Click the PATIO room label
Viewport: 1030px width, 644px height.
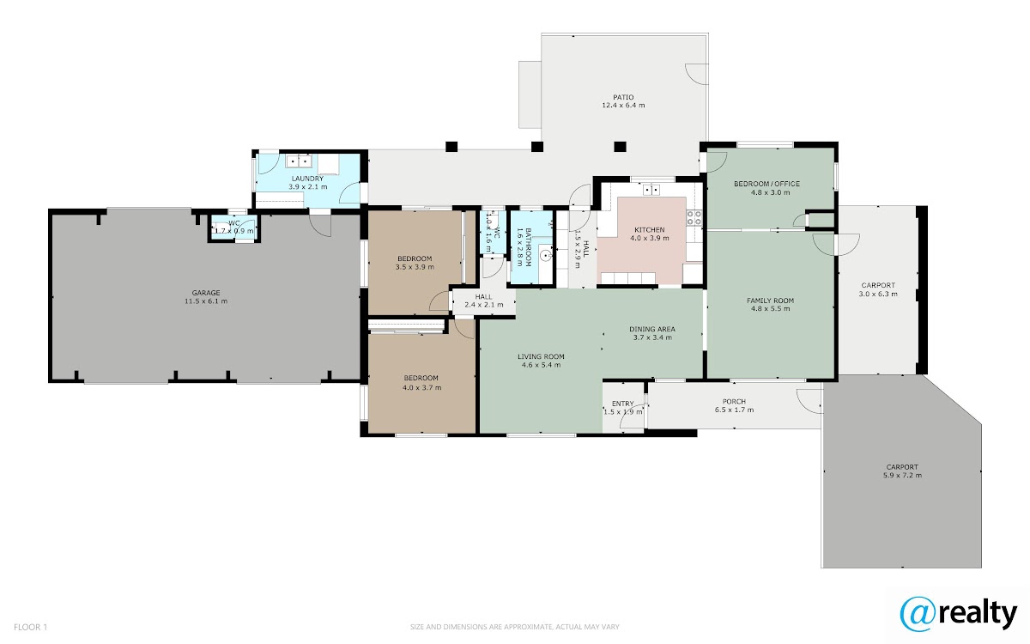(623, 97)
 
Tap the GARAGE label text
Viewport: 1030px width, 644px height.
(206, 293)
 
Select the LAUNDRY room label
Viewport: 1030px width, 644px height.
(307, 179)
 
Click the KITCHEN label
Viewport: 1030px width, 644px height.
(649, 229)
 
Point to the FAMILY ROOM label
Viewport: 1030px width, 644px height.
(770, 301)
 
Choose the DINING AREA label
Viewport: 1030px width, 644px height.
(652, 329)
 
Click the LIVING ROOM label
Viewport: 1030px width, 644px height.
(541, 356)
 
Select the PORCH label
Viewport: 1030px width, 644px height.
(734, 402)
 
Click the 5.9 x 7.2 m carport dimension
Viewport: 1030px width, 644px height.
(902, 475)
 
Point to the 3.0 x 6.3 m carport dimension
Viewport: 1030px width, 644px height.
(878, 294)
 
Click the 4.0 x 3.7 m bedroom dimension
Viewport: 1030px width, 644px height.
(421, 387)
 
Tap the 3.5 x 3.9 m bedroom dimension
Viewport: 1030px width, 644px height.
(415, 267)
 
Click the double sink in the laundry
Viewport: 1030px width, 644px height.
(299, 161)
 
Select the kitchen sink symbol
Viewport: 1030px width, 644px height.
(651, 190)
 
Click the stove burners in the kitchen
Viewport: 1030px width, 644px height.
(694, 218)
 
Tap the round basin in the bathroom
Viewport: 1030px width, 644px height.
(546, 255)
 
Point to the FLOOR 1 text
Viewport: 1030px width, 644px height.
(30, 627)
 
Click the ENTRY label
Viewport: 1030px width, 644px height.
(622, 404)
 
